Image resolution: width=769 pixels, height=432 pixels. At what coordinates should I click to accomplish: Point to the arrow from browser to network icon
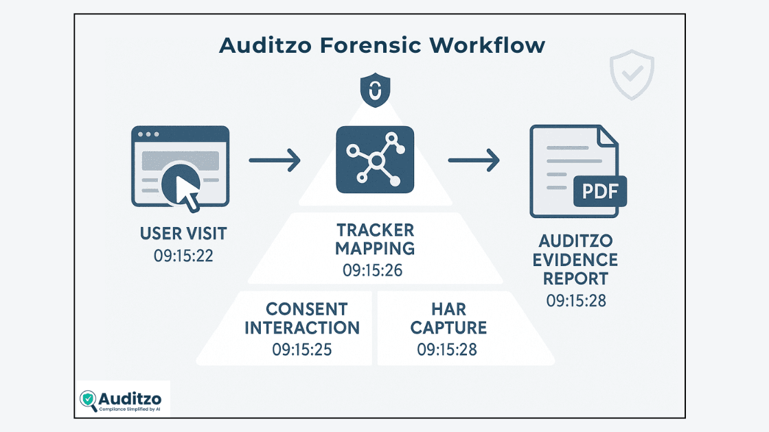click(275, 162)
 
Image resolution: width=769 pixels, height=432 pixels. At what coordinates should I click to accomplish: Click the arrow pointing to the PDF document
click(474, 162)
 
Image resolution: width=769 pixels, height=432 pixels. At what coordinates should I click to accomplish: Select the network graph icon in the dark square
click(375, 160)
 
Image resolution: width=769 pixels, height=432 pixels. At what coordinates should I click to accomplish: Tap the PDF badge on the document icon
click(599, 190)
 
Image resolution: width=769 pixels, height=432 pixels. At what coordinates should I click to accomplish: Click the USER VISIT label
click(183, 234)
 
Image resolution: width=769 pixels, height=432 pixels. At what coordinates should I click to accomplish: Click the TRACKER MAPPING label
click(375, 239)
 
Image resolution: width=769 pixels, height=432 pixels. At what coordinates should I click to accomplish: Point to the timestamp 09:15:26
click(372, 269)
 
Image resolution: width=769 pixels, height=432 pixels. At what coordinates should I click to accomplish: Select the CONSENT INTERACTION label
click(303, 318)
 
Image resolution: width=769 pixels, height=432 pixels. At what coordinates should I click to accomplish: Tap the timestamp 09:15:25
click(302, 349)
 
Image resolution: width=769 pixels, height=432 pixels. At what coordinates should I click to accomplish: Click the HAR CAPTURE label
click(448, 318)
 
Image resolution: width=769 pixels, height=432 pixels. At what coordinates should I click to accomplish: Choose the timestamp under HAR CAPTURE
click(447, 349)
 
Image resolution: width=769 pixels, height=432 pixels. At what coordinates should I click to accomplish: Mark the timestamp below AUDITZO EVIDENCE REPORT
click(577, 300)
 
